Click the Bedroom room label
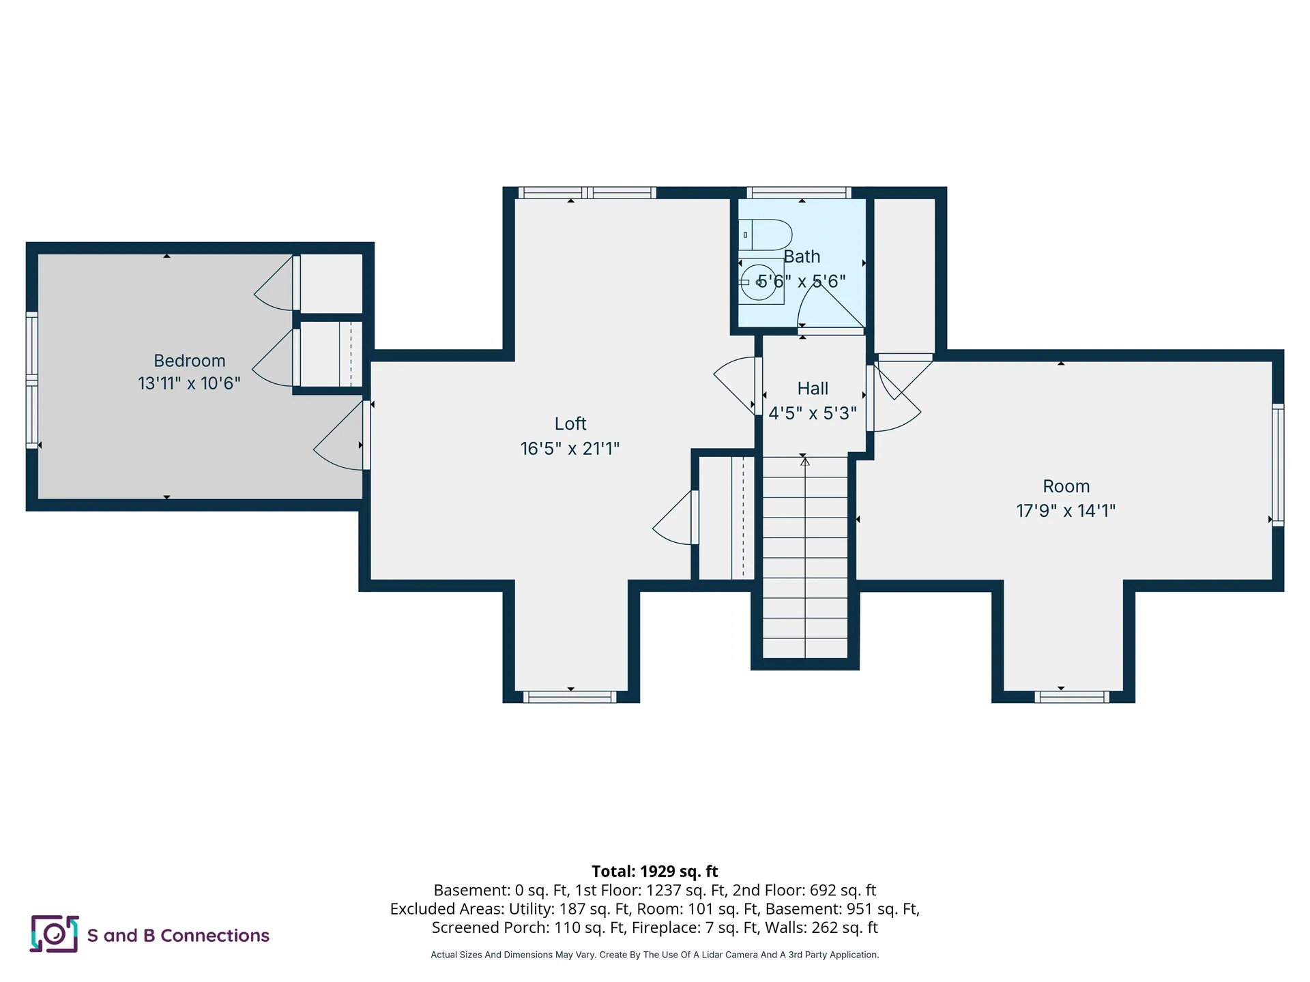pos(189,361)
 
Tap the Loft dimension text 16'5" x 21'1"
pos(570,448)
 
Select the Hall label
pos(813,388)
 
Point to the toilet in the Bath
pos(765,235)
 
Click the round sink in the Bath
pos(759,282)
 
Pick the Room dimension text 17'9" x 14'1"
pos(1066,511)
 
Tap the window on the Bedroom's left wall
pos(32,380)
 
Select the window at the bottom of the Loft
pos(570,697)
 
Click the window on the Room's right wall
pos(1278,464)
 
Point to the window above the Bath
pos(798,192)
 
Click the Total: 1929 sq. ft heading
pos(655,871)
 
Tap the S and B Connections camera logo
pos(55,934)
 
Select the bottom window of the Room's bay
pos(1071,697)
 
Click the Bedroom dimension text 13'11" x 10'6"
pos(189,383)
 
